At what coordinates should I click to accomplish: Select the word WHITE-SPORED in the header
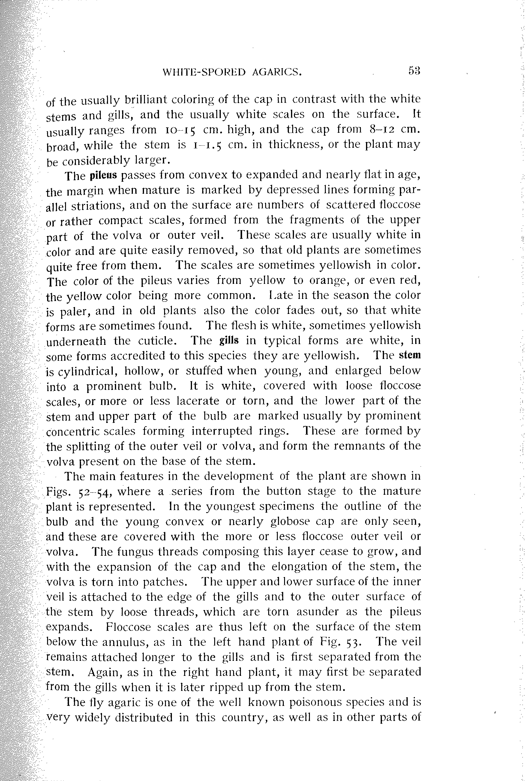pos(204,72)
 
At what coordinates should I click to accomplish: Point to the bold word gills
pos(229,341)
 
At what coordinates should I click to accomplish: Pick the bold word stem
pos(410,355)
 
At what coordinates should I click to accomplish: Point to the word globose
pos(291,522)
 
